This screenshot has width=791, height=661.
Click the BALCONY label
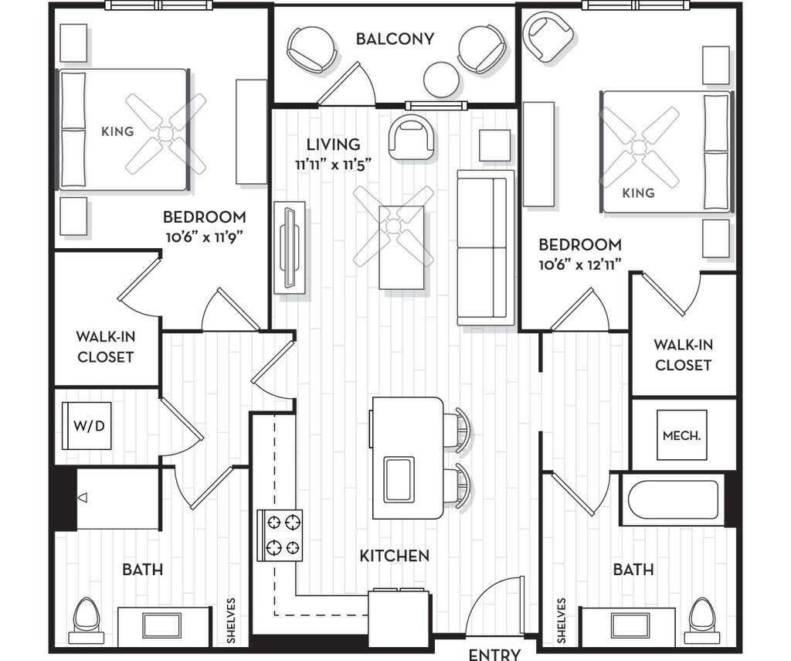[x=395, y=39]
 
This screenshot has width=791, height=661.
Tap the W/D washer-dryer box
[x=87, y=426]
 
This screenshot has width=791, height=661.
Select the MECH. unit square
[x=681, y=434]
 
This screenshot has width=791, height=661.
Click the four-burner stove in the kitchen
[x=280, y=535]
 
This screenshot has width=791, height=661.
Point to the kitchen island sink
[x=399, y=480]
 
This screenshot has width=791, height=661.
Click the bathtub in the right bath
[x=674, y=499]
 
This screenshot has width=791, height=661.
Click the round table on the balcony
[x=441, y=80]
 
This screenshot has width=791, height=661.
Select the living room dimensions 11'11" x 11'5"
[x=334, y=165]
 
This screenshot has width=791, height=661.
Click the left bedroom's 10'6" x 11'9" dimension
[x=205, y=237]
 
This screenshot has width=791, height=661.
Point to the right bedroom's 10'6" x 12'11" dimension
[x=579, y=264]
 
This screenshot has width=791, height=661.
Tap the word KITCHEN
[x=395, y=556]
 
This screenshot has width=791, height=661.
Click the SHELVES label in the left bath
[x=231, y=621]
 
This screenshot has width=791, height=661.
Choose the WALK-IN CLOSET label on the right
[x=683, y=355]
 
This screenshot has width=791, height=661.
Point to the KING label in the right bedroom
[x=638, y=193]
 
